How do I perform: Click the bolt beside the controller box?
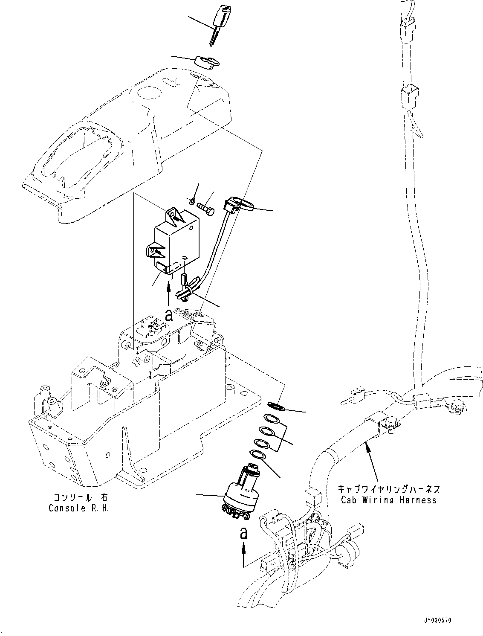[208, 209]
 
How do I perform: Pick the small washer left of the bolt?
[194, 200]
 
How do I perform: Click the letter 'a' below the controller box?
[169, 315]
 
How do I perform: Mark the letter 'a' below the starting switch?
[243, 533]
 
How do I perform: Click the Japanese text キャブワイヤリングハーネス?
[389, 489]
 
